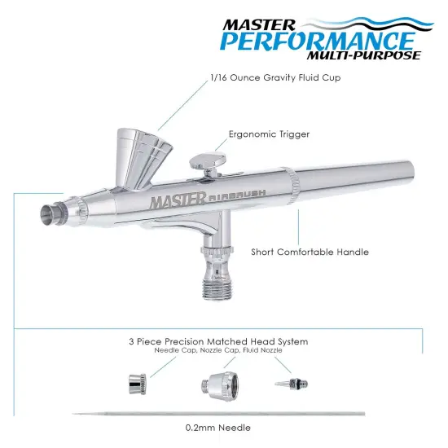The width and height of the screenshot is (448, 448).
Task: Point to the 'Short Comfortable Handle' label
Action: pos(310,252)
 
